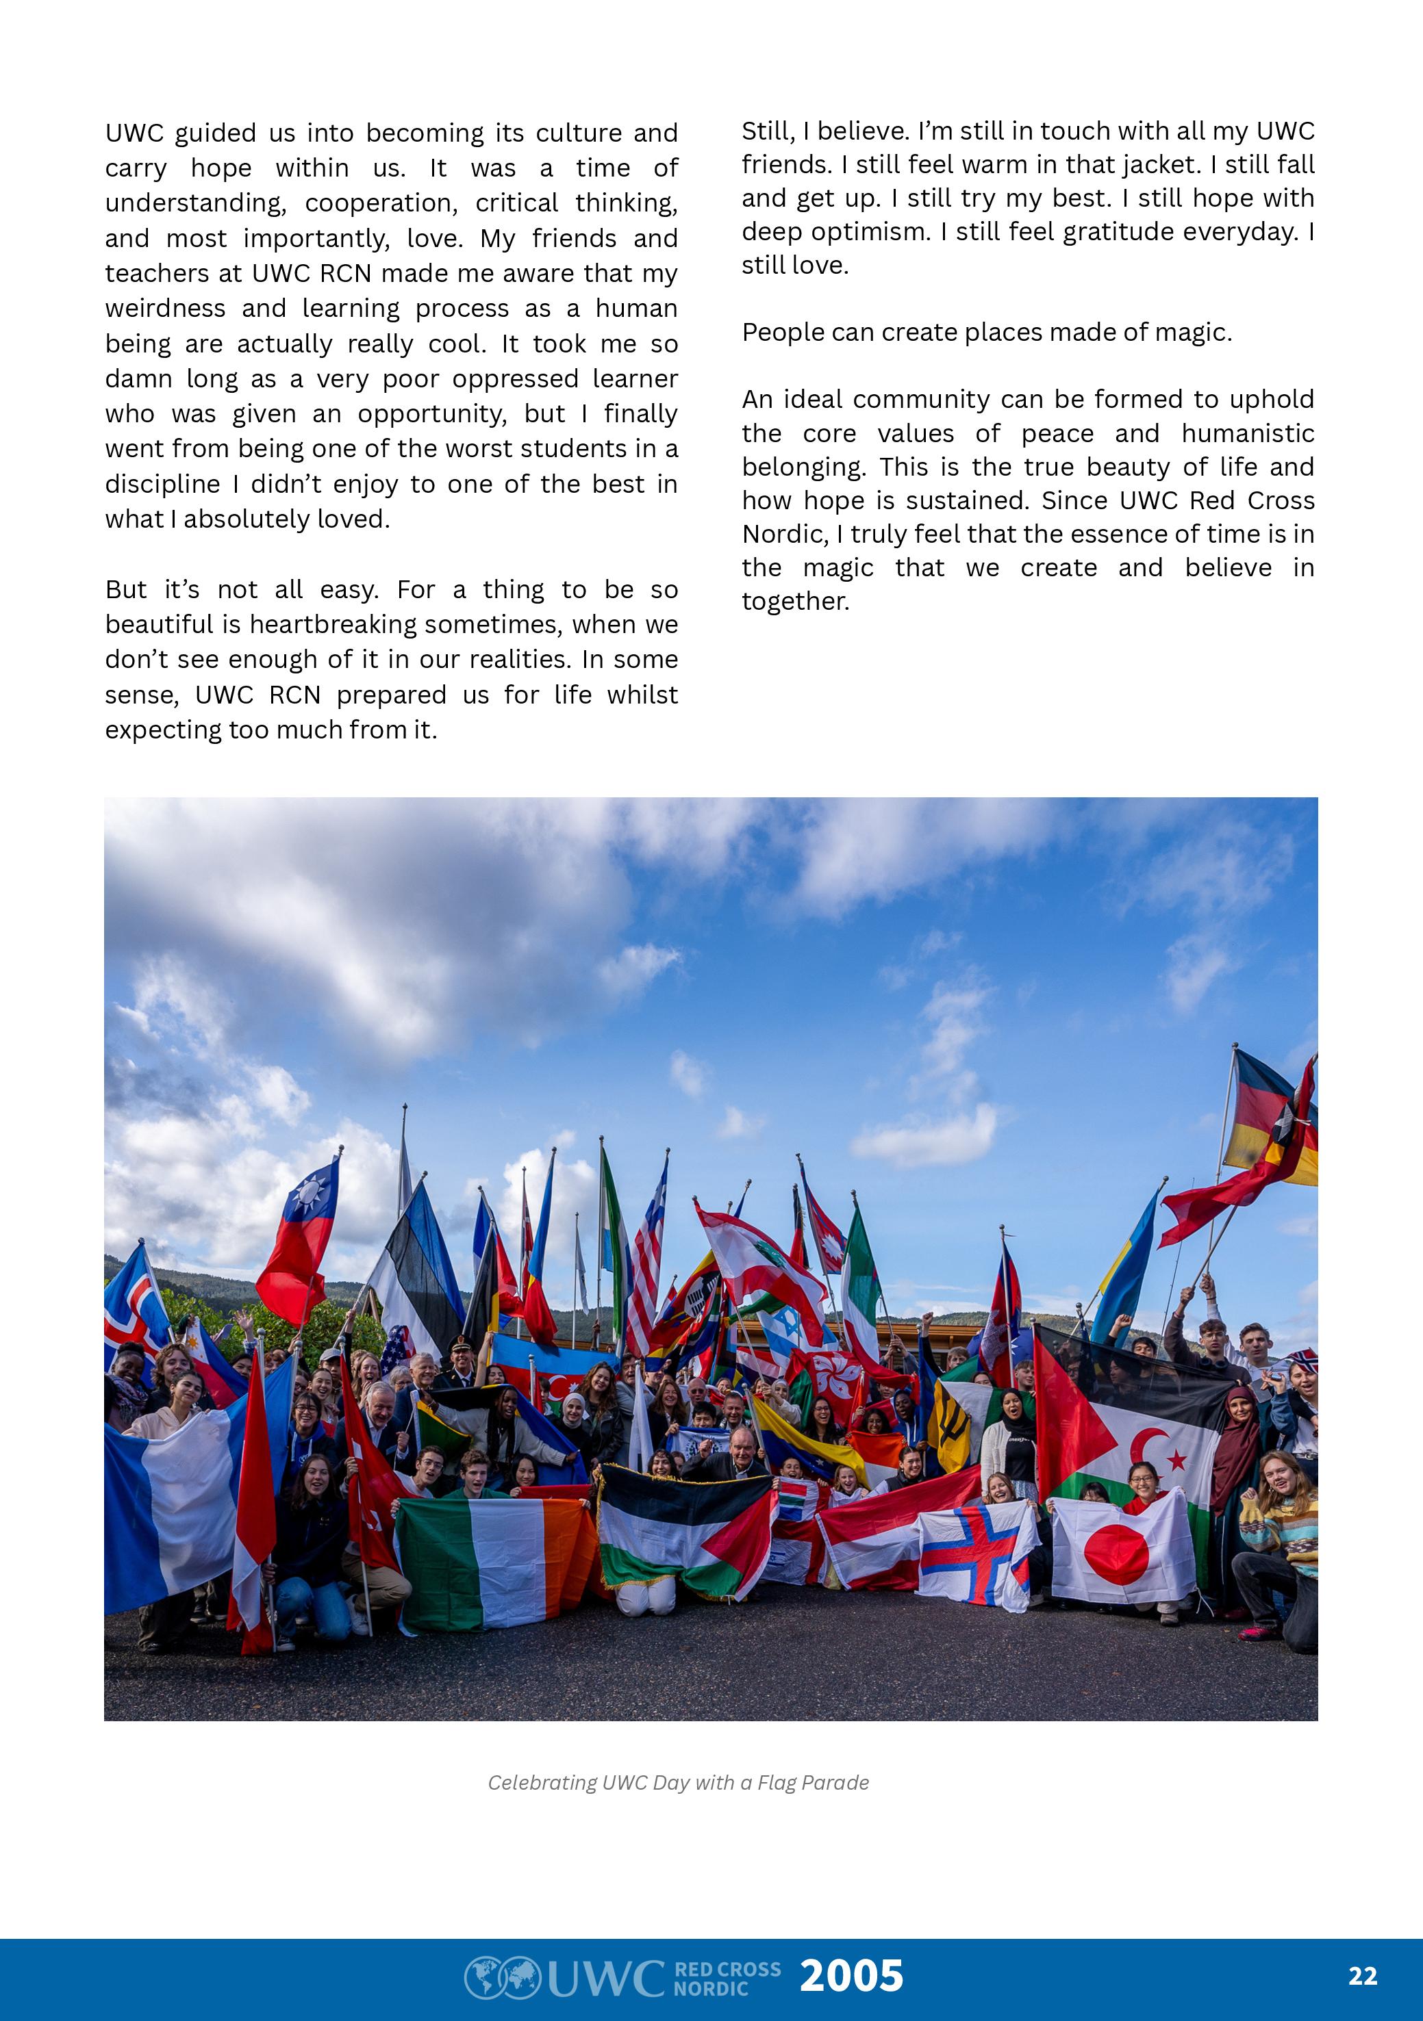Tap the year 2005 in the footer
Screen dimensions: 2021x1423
coord(851,1975)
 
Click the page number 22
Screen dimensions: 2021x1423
coord(1362,1976)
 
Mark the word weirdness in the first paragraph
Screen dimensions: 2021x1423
coord(164,308)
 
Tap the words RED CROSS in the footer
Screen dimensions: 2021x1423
coord(727,1968)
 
